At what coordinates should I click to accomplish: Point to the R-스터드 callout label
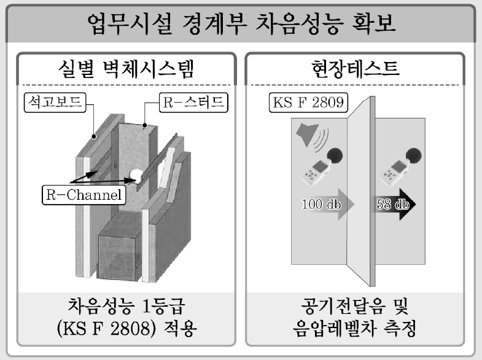point(191,101)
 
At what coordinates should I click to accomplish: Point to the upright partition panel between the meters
point(362,184)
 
